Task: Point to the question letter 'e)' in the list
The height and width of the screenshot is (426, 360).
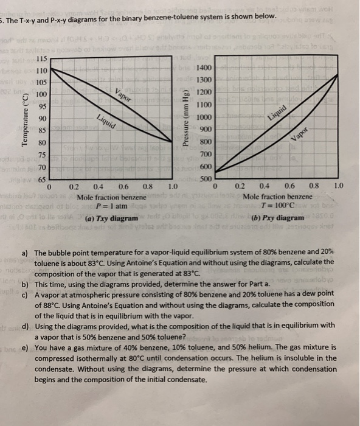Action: point(24,348)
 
